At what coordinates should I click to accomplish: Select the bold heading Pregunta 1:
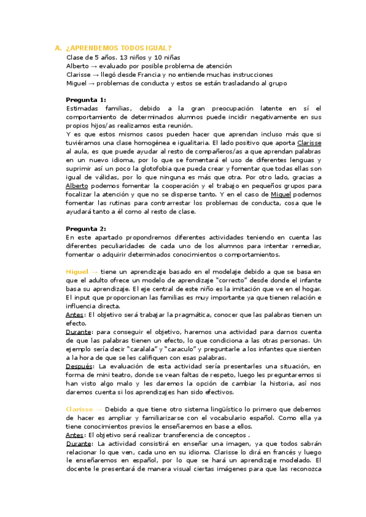pos(86,99)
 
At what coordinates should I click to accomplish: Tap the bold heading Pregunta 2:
pos(86,229)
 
